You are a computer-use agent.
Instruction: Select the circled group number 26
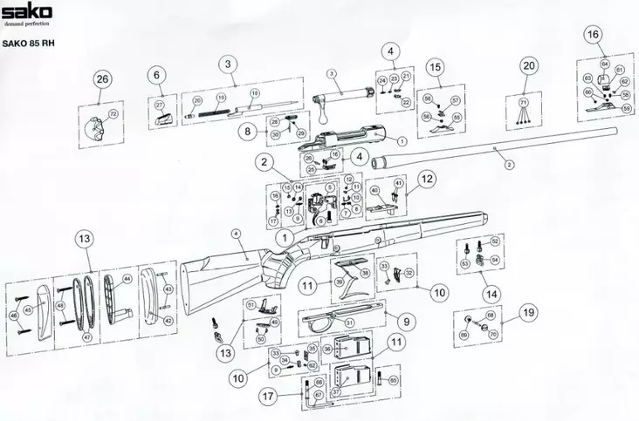point(103,79)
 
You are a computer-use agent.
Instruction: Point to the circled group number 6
point(157,75)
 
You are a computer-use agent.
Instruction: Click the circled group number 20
point(528,66)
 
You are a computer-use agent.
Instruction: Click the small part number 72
point(112,114)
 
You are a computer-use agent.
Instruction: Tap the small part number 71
point(524,103)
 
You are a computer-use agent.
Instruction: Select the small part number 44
point(127,279)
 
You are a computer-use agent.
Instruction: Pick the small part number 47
point(85,336)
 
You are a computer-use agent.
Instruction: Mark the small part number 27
point(160,105)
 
